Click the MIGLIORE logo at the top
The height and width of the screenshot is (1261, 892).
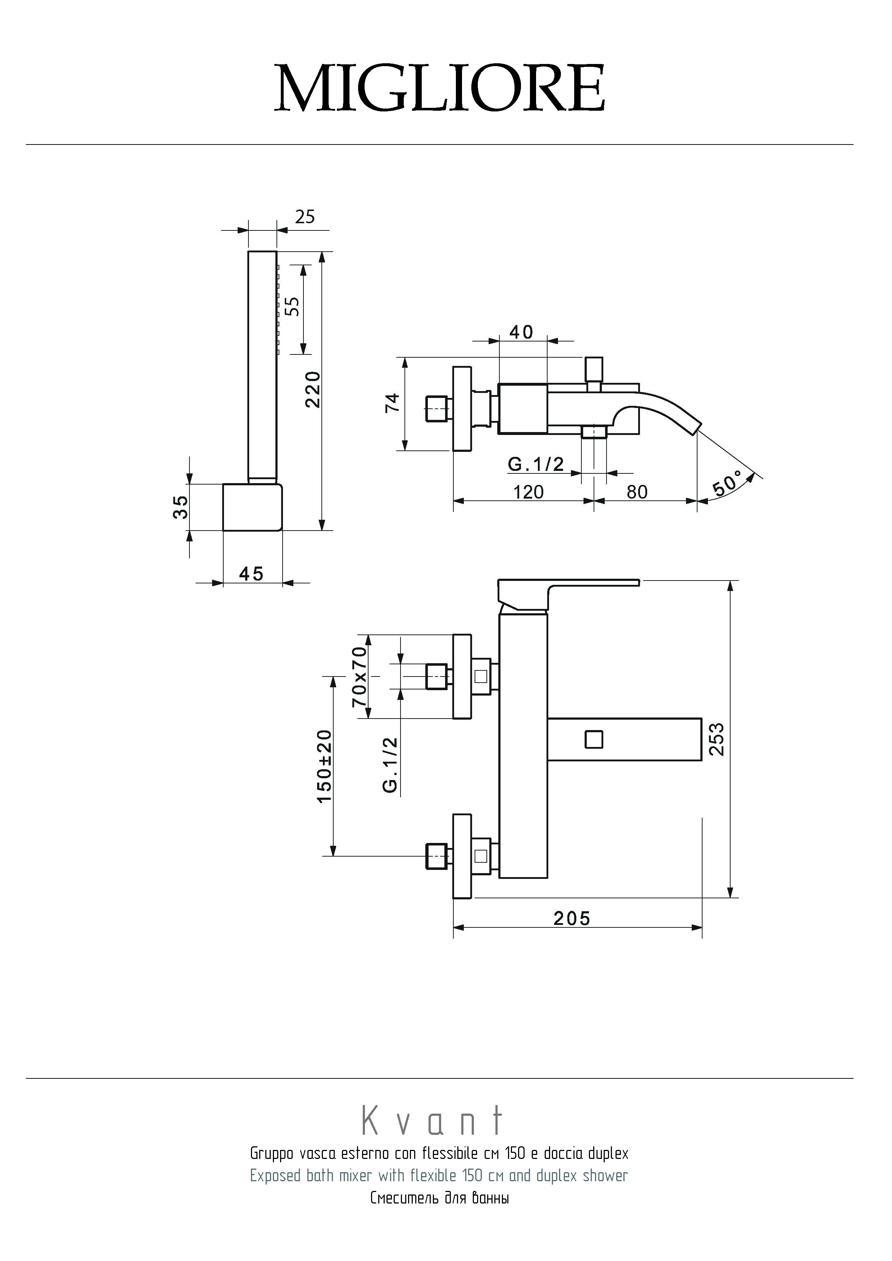440,88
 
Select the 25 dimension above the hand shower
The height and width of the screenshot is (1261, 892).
305,217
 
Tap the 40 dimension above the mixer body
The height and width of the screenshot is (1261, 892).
521,332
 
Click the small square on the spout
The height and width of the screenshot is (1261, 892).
594,739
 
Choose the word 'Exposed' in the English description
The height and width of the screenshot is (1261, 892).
275,1175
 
